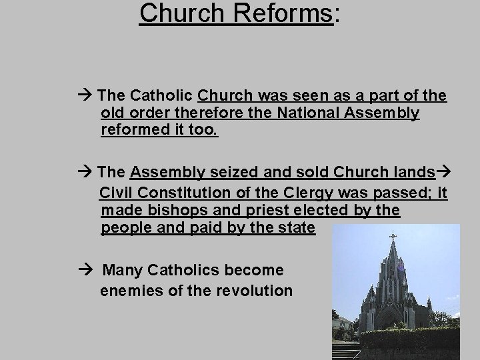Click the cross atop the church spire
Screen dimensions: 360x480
393,236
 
